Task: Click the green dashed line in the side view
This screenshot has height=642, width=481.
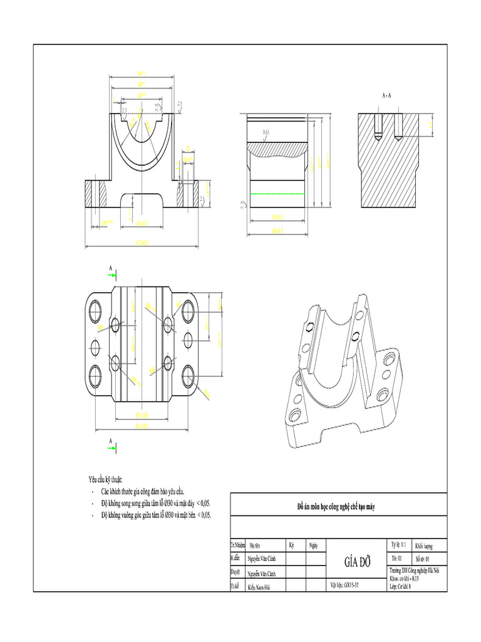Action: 279,194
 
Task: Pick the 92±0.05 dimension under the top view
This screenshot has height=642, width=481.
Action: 142,426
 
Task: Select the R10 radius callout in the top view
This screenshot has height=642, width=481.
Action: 207,392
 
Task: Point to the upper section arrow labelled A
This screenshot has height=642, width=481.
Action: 110,271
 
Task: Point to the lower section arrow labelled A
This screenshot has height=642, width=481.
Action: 110,444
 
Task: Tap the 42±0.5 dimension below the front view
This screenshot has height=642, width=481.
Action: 142,222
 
